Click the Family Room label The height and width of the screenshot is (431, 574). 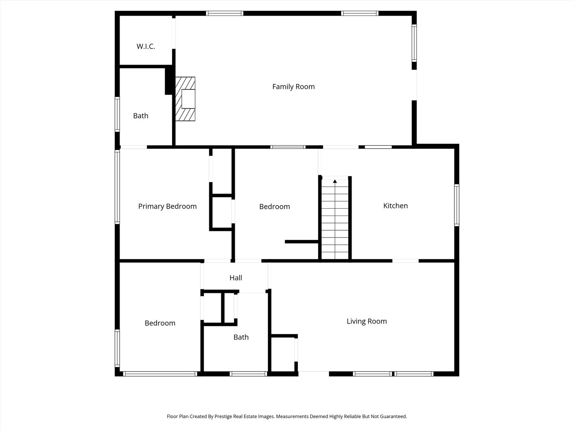tap(293, 87)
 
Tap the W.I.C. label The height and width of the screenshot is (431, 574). tap(145, 47)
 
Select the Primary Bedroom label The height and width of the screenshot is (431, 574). tap(167, 206)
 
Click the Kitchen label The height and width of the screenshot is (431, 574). tap(395, 206)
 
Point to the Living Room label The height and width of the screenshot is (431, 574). tap(367, 321)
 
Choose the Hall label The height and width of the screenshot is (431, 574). tap(236, 278)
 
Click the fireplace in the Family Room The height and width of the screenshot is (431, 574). tap(185, 99)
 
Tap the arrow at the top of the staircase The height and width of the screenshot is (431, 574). tap(335, 181)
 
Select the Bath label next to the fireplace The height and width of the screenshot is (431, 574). tap(141, 116)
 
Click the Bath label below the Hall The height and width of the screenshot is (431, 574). tap(241, 337)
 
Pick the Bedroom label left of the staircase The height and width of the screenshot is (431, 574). tap(275, 207)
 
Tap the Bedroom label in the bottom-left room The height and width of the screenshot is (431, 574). tap(160, 323)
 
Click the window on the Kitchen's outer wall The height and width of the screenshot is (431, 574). tap(456, 205)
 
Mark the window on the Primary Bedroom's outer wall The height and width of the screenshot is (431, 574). tap(118, 187)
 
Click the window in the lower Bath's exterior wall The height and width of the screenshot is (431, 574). tap(248, 374)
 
